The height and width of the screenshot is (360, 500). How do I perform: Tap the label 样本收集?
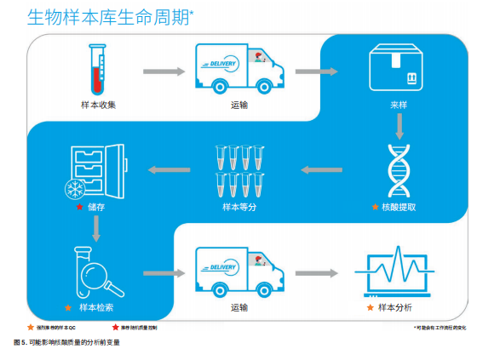click(x=99, y=105)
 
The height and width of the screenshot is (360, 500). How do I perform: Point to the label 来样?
click(x=397, y=105)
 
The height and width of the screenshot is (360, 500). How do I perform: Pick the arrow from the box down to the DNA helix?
click(x=397, y=126)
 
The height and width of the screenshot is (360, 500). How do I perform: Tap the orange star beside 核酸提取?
click(x=375, y=207)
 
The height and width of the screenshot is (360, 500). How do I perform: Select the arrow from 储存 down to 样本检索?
click(x=98, y=227)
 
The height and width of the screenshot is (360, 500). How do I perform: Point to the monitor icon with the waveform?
click(x=397, y=271)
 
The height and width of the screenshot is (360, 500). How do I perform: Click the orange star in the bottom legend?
click(x=31, y=327)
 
